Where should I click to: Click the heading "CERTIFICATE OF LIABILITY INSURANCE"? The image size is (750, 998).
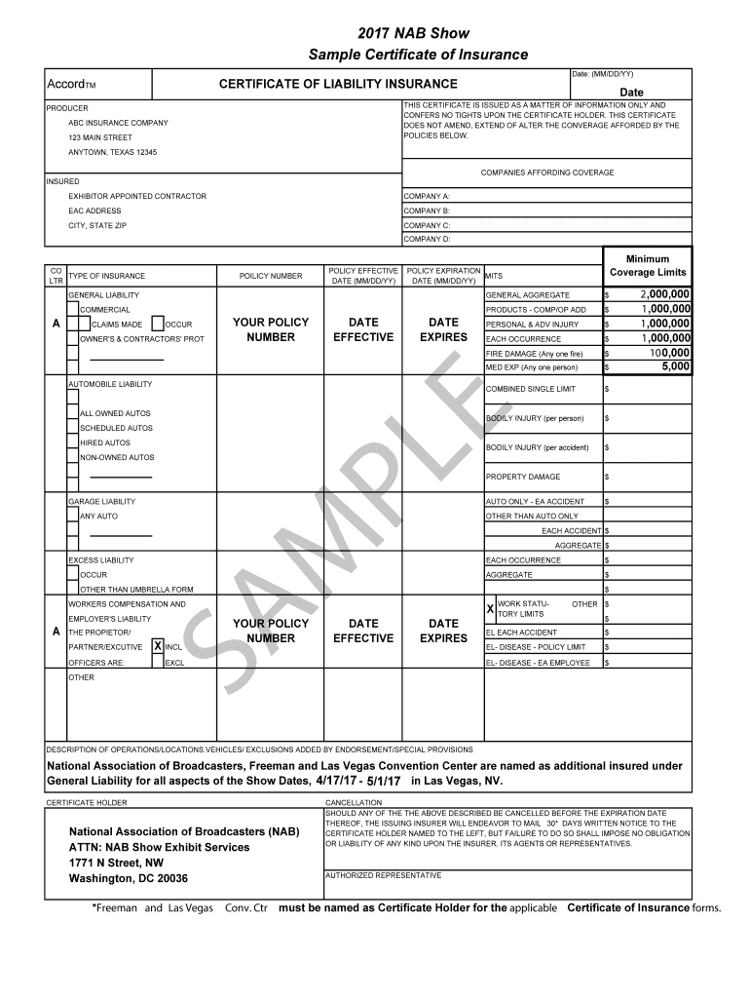pos(338,85)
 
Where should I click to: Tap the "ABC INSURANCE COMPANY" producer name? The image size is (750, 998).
pos(118,123)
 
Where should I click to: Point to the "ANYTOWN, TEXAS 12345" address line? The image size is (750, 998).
pos(112,153)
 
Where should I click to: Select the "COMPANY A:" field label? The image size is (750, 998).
pos(427,196)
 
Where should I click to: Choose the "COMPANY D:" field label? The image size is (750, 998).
pos(427,239)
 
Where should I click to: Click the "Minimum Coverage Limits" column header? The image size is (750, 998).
pos(647,266)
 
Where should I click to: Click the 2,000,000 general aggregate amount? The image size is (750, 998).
pos(664,294)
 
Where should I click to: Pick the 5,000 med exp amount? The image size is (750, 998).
pos(676,367)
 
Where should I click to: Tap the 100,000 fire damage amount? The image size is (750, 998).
pos(668,353)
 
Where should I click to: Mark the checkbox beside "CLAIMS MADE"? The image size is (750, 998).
pos(86,325)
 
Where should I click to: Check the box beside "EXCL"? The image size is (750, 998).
pos(158,663)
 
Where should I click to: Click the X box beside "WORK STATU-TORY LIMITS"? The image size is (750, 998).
pos(490,608)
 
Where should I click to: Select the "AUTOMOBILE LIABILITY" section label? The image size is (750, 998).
pos(109,384)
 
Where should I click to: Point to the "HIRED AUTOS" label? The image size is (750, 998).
pos(105,442)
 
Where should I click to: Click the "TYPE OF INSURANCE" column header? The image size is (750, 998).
pos(106,276)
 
